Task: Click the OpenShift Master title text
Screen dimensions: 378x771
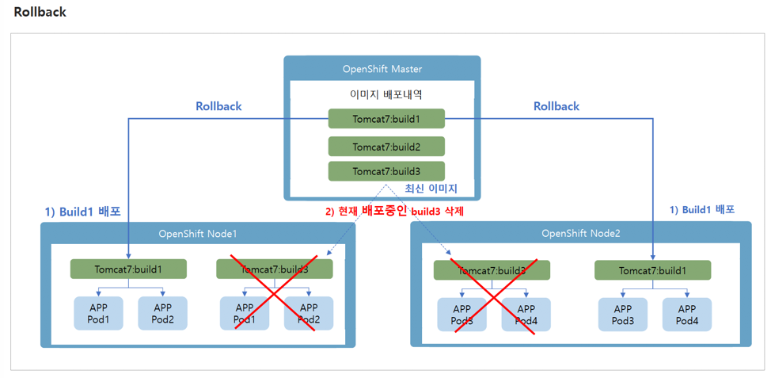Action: tap(382, 69)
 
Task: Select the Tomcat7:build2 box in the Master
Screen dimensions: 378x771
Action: tap(386, 147)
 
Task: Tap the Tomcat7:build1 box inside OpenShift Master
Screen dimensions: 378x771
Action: tap(386, 120)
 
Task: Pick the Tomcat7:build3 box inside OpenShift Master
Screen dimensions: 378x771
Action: tap(386, 171)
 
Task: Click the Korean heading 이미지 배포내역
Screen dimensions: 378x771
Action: tap(386, 94)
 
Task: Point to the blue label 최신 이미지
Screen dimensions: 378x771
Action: tap(431, 189)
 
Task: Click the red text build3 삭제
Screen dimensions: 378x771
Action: tap(437, 212)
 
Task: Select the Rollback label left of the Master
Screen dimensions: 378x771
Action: tap(218, 106)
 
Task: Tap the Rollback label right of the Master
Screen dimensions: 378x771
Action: tap(556, 106)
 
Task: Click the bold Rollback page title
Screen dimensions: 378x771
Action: tap(40, 12)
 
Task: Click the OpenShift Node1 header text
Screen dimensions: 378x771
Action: tap(197, 234)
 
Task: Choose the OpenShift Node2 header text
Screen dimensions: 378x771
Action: tap(580, 234)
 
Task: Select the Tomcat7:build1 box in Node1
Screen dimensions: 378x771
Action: tap(128, 269)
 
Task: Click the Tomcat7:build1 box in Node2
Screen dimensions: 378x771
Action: tap(652, 270)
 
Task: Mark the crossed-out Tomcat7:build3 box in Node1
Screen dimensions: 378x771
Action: tap(274, 269)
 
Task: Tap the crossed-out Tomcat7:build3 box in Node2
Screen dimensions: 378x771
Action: tap(492, 270)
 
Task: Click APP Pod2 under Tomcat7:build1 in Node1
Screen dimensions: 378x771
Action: tap(163, 314)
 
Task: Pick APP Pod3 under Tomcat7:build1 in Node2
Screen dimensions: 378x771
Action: tap(623, 315)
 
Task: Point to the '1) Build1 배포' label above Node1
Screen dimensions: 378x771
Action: tap(82, 212)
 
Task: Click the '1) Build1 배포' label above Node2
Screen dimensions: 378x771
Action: tap(702, 210)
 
